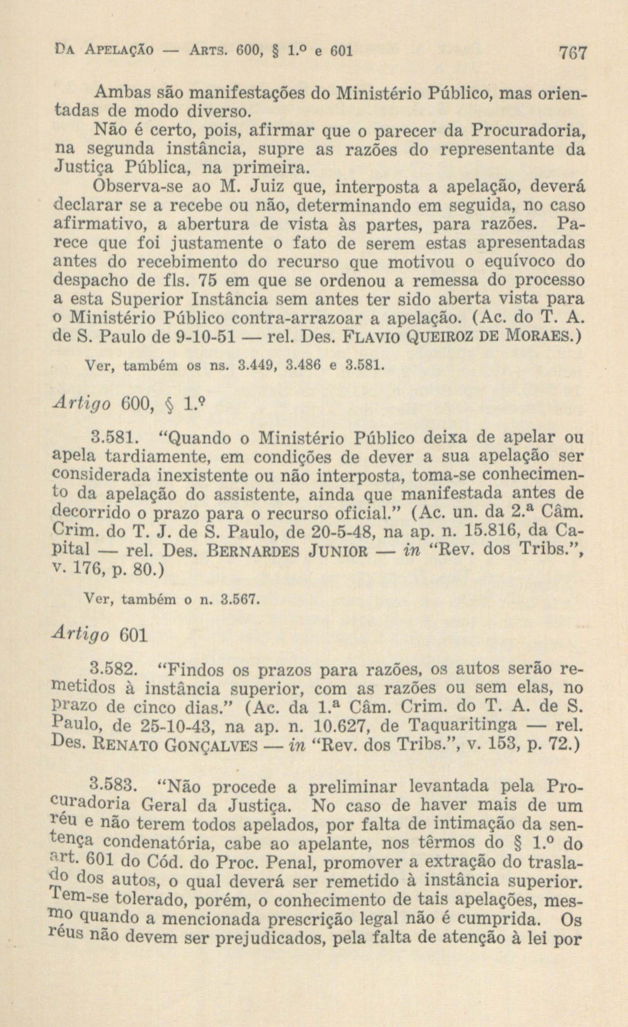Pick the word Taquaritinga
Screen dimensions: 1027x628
(462, 726)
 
